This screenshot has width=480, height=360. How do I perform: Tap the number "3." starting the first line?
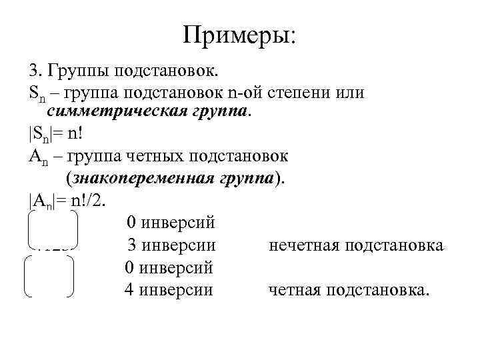tap(35, 71)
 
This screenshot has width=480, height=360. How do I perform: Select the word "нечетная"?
tap(302, 245)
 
